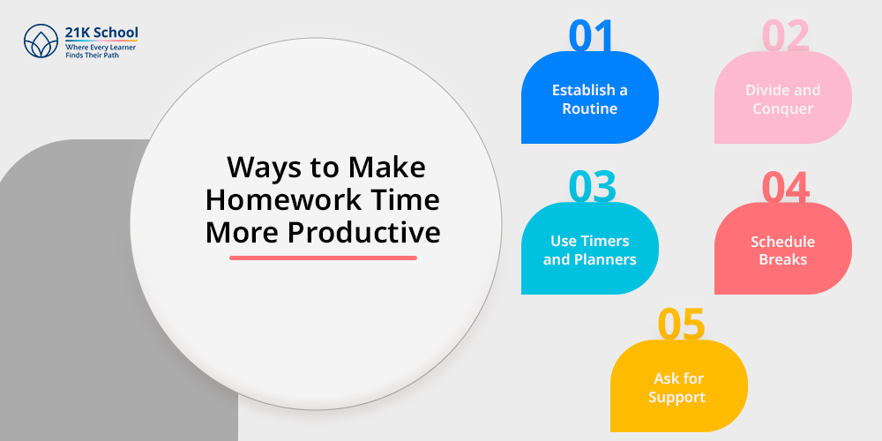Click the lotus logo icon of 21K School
click(x=41, y=41)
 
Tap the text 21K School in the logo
click(x=101, y=33)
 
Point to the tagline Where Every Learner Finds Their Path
click(x=101, y=51)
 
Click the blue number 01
click(x=590, y=36)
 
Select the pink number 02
click(x=785, y=36)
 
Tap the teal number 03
click(x=593, y=187)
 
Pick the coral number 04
click(x=786, y=187)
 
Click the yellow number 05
click(x=681, y=324)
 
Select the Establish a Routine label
click(x=589, y=99)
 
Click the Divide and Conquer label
click(x=783, y=99)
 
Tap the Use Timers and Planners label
click(x=589, y=250)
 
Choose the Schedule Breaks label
click(x=783, y=250)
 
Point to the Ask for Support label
click(x=677, y=387)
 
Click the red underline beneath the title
click(x=324, y=258)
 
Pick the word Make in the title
click(x=387, y=167)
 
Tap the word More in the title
click(x=243, y=233)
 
